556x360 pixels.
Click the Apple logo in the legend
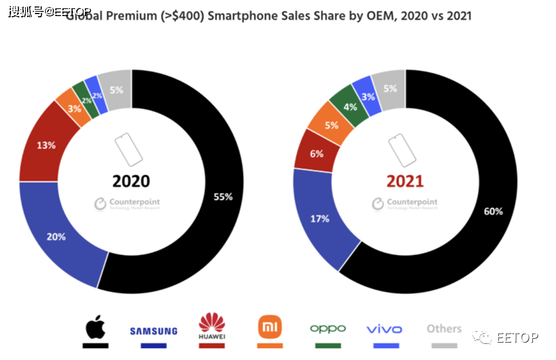pyautogui.click(x=94, y=327)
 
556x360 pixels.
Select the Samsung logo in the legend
pyautogui.click(x=154, y=331)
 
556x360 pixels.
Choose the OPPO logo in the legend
pyautogui.click(x=328, y=328)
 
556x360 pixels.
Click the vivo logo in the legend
pyautogui.click(x=384, y=329)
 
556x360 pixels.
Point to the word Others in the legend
pyautogui.click(x=444, y=328)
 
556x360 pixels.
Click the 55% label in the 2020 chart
pyautogui.click(x=223, y=197)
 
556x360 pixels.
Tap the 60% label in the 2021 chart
pyautogui.click(x=494, y=211)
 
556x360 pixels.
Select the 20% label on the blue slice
pyautogui.click(x=56, y=237)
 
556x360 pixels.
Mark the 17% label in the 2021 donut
pyautogui.click(x=319, y=219)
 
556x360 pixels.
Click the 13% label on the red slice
pyautogui.click(x=46, y=145)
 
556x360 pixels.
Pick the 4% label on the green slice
pyautogui.click(x=350, y=107)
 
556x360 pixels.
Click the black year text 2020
pyautogui.click(x=130, y=181)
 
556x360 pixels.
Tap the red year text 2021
pyautogui.click(x=405, y=181)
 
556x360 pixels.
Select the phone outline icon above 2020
pyautogui.click(x=128, y=150)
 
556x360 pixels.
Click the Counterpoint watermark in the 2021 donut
pyautogui.click(x=405, y=203)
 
